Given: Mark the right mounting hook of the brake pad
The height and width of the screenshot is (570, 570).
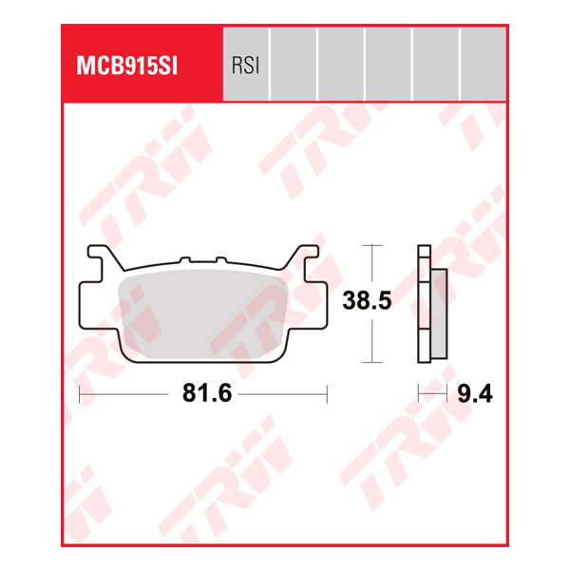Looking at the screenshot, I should (306, 258).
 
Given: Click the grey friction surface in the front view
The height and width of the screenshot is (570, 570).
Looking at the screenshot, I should (204, 309).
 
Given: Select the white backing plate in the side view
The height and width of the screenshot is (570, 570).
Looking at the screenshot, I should (424, 304).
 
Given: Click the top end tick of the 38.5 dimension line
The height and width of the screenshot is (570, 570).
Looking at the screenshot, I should (371, 246).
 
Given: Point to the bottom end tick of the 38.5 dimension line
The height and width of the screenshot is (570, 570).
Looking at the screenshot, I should (371, 362).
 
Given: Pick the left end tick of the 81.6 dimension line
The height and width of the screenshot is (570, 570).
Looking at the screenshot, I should (80, 392).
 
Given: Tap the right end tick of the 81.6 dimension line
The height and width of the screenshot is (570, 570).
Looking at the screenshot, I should (327, 392).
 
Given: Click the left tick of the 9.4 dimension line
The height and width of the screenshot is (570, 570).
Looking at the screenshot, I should (419, 392).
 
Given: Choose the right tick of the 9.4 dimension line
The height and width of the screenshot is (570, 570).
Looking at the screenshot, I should (446, 392).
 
